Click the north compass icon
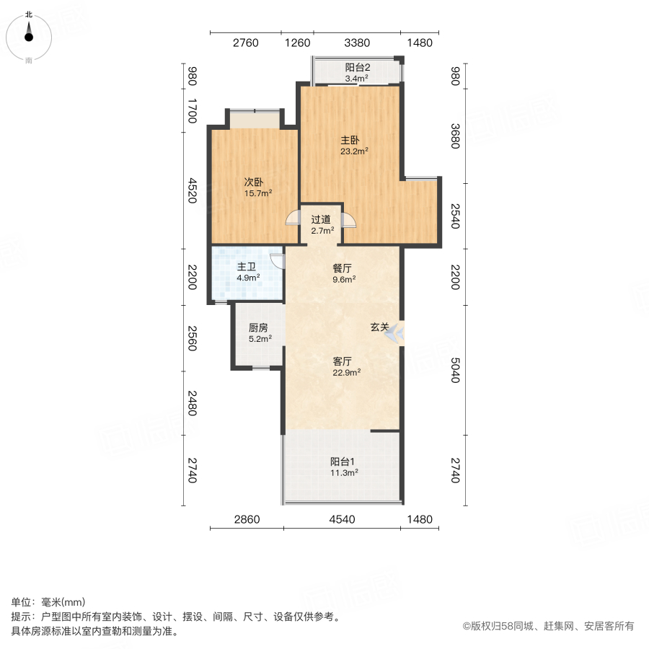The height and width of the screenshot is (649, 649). (x=29, y=33)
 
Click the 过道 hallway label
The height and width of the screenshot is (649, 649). (x=321, y=219)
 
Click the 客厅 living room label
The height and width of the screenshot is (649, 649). (x=342, y=361)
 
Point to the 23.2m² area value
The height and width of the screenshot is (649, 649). (x=355, y=151)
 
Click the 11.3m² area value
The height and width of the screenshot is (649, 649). (x=344, y=473)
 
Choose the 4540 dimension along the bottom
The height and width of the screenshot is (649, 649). (x=342, y=519)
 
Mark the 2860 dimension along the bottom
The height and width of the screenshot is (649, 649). (x=246, y=519)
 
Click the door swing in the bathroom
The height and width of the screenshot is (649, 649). (x=275, y=261)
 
